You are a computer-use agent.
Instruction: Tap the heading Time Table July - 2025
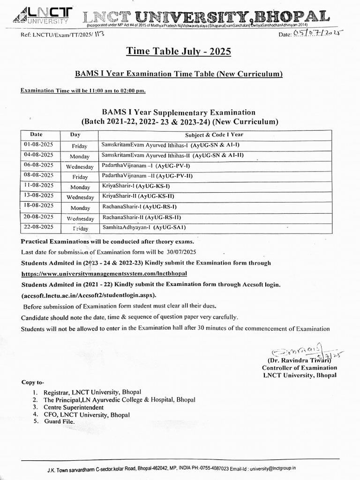pos(179,52)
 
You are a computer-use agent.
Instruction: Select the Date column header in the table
pos(37,134)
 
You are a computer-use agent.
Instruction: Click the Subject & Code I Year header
pos(214,135)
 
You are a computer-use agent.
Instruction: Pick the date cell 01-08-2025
pos(38,144)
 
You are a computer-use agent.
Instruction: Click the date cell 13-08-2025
pos(38,195)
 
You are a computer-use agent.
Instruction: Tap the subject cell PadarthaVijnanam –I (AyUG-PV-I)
pos(145,165)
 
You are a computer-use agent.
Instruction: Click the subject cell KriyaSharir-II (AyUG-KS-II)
pos(138,196)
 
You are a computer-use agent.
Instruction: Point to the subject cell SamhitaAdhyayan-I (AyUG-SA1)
pos(144,227)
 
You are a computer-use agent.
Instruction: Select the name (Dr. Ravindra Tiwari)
pos(299,360)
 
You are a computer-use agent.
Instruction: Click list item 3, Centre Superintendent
pos(74,407)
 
